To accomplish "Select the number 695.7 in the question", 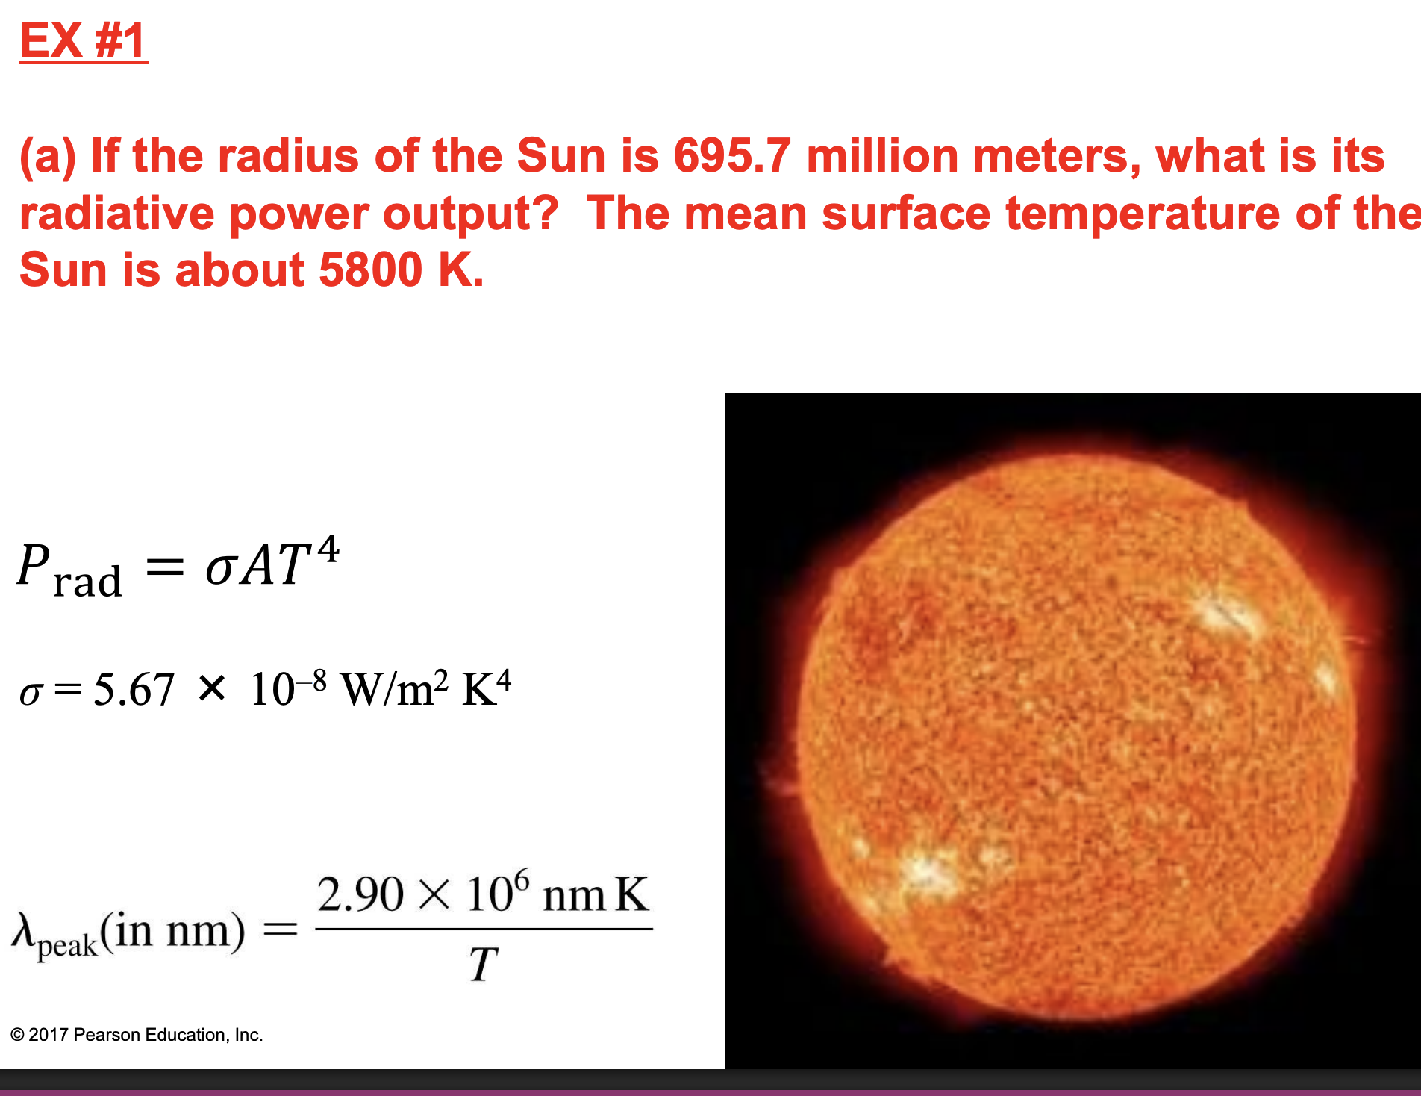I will point(731,156).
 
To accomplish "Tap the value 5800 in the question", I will point(370,270).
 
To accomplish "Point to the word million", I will point(882,156).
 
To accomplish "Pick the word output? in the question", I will point(470,214).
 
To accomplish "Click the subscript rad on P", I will point(87,582).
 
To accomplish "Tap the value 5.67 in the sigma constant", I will point(134,689).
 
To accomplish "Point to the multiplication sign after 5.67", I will point(212,688).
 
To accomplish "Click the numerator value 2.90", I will point(360,894).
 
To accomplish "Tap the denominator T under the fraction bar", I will point(483,965).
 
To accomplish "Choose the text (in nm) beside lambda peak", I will point(172,930).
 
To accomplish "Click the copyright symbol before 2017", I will point(17,1035).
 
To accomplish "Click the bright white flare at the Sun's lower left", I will point(925,870).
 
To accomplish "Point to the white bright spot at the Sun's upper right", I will point(1224,614).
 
